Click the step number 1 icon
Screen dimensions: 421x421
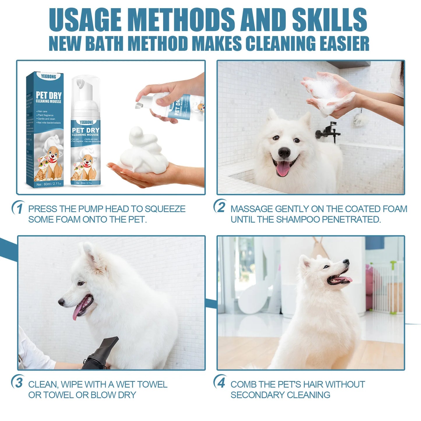coord(18,208)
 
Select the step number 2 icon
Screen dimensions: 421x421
coord(221,207)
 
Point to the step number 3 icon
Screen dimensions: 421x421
coord(18,382)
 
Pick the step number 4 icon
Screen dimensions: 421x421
coord(221,382)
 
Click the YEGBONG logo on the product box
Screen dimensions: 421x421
coord(48,77)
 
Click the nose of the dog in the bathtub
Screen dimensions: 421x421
coord(284,152)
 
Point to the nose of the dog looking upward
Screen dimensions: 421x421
coord(346,261)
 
